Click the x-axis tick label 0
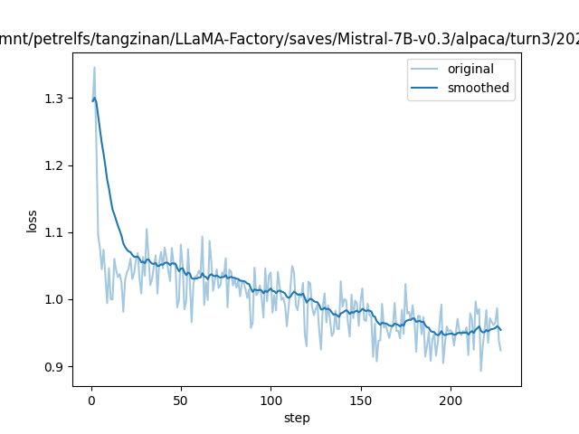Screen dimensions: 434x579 [x=91, y=401]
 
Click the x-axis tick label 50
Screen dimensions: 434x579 [x=181, y=401]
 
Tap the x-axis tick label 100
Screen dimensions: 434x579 [x=271, y=401]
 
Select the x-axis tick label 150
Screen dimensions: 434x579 [x=360, y=401]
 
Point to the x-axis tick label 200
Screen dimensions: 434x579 [x=451, y=401]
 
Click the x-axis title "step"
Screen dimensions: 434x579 [x=297, y=418]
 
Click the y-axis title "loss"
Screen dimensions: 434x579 [x=32, y=222]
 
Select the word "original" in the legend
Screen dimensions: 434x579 [x=470, y=70]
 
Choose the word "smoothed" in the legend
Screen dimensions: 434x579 [x=479, y=89]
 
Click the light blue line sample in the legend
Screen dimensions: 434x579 [x=425, y=70]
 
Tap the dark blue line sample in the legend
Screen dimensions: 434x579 [x=425, y=89]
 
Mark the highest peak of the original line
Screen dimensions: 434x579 [x=94, y=67]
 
